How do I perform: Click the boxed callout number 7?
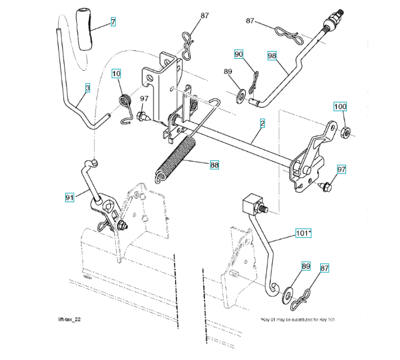point(113,22)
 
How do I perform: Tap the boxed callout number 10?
point(116,74)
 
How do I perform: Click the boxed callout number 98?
point(272,55)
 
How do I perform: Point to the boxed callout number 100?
point(340,107)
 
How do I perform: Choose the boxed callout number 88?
point(214,163)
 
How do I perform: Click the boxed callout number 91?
point(70,196)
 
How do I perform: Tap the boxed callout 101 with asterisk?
point(303,232)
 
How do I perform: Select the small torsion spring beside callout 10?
point(125,104)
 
